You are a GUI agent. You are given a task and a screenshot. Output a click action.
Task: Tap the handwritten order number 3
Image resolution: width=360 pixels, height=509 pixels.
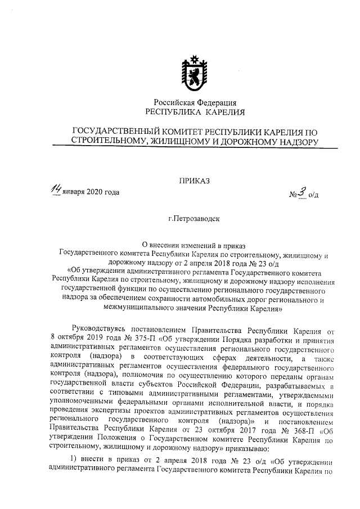[302, 192]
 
